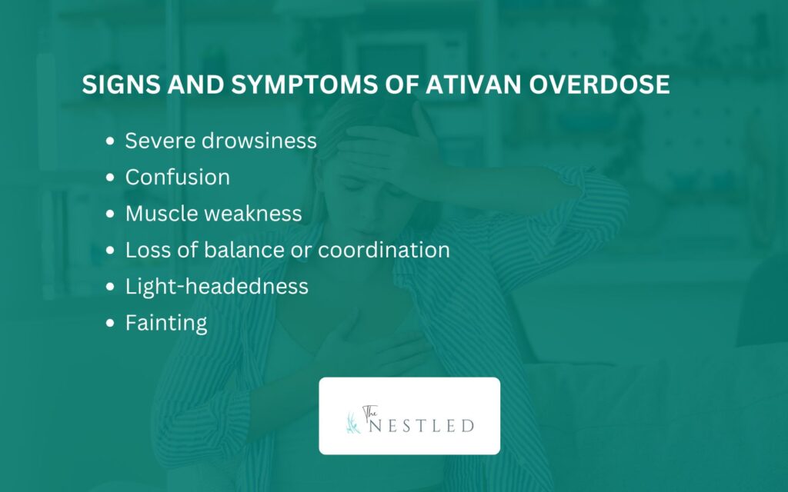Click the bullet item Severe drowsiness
(221, 141)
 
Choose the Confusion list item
(178, 177)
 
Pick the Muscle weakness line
(213, 213)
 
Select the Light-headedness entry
(217, 286)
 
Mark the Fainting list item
(166, 322)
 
